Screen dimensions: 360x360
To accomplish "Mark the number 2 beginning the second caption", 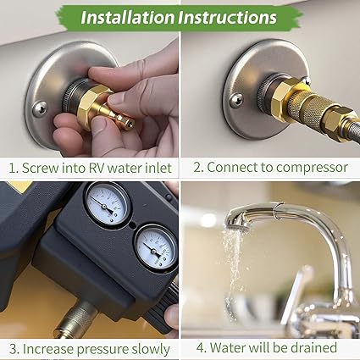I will tap(197, 167).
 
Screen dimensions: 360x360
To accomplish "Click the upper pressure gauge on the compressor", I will tap(108, 204).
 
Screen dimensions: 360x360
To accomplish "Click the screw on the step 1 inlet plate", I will tap(38, 107).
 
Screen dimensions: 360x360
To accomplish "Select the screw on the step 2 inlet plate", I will tap(236, 101).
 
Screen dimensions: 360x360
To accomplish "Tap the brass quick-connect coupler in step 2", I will tap(308, 117).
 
